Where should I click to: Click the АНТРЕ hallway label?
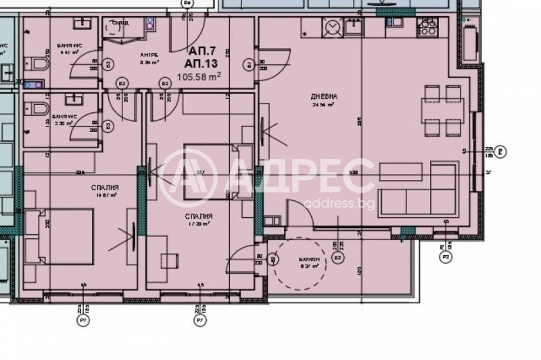(148, 54)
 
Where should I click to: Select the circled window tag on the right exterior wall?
(500, 152)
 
